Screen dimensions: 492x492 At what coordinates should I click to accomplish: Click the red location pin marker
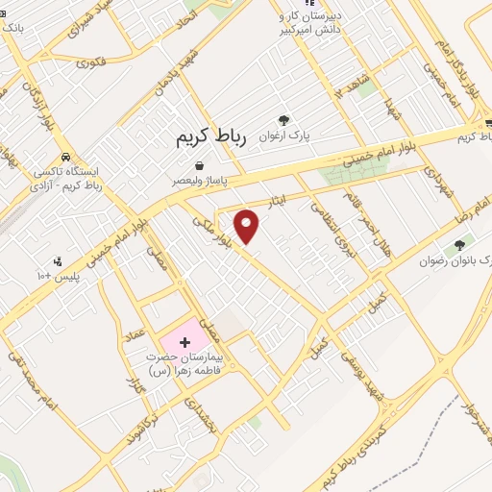[248, 227]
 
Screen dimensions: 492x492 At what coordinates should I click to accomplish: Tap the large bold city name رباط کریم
[211, 137]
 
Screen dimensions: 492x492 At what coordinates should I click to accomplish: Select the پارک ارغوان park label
[283, 136]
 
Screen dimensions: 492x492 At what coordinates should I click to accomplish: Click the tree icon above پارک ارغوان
[283, 120]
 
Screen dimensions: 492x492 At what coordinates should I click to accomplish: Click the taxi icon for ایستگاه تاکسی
[64, 156]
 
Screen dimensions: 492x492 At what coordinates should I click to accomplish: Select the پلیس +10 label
[81, 276]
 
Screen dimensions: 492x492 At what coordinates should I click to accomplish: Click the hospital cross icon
[184, 342]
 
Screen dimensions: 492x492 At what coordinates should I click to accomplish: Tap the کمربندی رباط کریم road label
[357, 457]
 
